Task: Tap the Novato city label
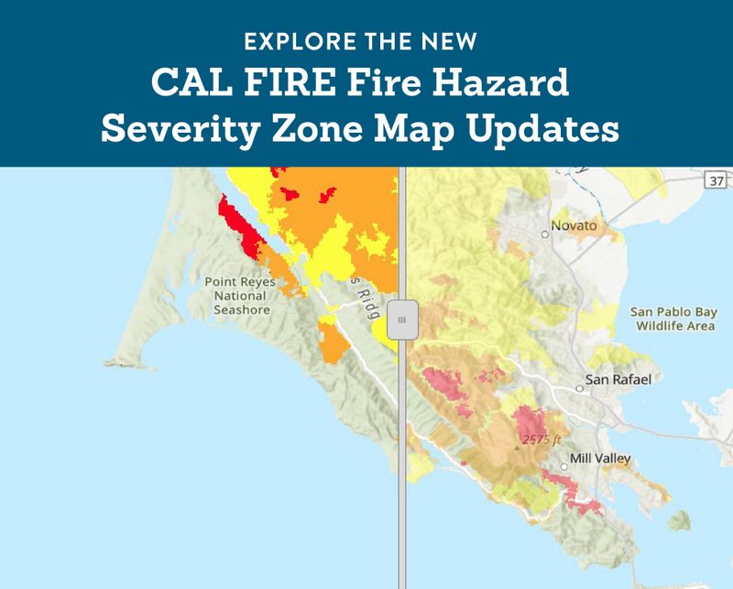tap(574, 225)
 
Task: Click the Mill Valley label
tap(600, 458)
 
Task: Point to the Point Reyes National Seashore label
tap(240, 296)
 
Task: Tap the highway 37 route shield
tap(717, 181)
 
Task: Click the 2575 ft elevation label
tap(541, 441)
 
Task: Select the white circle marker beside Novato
tap(544, 235)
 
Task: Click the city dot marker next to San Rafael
tap(579, 388)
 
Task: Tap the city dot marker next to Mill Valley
tap(563, 467)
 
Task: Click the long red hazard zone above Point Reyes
tap(240, 226)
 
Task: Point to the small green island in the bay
tap(679, 520)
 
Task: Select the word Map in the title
tap(429, 131)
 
